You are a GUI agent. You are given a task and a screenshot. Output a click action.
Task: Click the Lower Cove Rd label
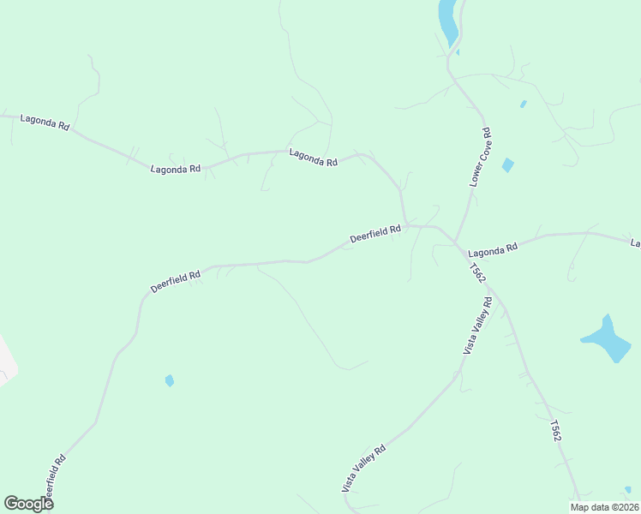480,158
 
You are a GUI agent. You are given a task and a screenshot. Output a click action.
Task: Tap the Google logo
28,504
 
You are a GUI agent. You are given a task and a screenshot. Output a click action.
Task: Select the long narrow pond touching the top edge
447,21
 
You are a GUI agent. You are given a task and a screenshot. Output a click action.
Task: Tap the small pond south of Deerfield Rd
170,380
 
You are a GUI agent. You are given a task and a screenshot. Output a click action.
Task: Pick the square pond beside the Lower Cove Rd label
508,165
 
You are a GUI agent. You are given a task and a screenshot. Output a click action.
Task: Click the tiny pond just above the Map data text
628,490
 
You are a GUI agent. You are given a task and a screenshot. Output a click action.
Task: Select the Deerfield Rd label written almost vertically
55,478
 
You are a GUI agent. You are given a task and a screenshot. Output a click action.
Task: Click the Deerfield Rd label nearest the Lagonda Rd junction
375,233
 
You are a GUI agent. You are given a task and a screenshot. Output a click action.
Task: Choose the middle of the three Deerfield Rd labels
175,282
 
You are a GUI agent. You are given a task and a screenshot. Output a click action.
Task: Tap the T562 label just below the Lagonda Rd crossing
477,272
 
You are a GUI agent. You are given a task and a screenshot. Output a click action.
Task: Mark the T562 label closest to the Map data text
556,431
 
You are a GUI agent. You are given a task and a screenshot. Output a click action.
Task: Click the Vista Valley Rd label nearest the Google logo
364,469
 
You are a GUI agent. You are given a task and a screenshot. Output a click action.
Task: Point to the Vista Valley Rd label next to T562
477,326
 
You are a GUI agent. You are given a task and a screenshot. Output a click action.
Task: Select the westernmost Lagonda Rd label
45,123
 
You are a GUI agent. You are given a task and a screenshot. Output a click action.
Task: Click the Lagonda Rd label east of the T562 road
494,249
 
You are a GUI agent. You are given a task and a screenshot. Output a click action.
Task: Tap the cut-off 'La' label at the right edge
635,243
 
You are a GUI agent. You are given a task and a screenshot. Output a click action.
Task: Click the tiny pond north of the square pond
523,105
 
